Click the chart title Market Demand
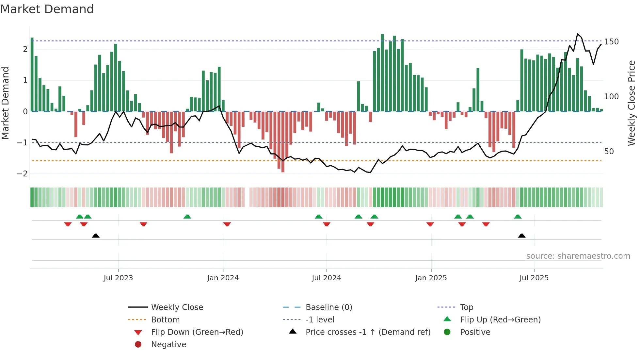coord(47,9)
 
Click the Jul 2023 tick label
coord(118,278)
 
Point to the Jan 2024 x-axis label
coord(223,278)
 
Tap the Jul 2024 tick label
coord(326,278)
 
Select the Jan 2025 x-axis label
coord(431,278)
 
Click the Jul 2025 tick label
coord(534,278)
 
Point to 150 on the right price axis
coord(611,42)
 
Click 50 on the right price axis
coord(609,152)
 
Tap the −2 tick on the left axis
coord(22,174)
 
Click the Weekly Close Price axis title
coord(632,103)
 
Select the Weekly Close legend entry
coord(177,307)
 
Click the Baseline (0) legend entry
coord(328,307)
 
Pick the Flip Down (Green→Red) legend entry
coord(197,332)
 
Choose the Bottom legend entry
coord(165,320)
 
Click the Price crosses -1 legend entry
coord(368,332)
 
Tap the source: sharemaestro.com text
coord(578,256)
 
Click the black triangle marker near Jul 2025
coord(522,236)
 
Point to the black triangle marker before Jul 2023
coord(96,236)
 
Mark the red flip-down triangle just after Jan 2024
coord(227,224)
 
